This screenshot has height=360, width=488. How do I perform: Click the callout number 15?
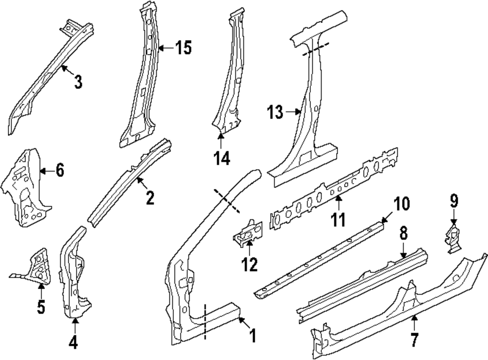click(183, 48)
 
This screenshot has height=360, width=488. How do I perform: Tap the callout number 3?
click(78, 82)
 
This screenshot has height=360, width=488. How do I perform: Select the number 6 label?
click(59, 170)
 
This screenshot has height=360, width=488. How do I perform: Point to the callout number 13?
click(275, 112)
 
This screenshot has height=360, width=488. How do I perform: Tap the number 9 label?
click(454, 200)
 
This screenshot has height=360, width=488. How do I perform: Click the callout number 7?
click(414, 340)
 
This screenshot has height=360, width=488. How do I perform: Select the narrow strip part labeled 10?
click(317, 259)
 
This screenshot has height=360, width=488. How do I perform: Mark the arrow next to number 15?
click(166, 48)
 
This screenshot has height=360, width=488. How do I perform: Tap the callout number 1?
click(252, 336)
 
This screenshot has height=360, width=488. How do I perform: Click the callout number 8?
click(404, 234)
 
